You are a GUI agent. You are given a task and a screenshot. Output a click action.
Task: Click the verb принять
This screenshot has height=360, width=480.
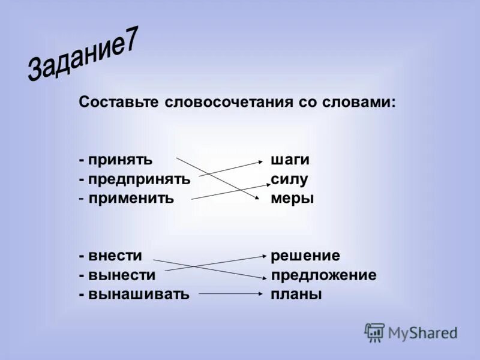pyautogui.click(x=120, y=160)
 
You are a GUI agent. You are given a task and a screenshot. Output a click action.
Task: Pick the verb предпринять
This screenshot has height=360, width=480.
pyautogui.click(x=139, y=179)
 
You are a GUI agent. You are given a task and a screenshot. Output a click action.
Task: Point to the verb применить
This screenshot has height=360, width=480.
pyautogui.click(x=131, y=197)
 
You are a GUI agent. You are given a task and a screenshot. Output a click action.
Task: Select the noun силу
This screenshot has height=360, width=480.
pyautogui.click(x=289, y=179)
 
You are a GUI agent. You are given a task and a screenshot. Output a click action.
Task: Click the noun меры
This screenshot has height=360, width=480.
pyautogui.click(x=292, y=197)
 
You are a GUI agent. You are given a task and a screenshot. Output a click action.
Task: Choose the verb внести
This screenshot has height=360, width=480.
pyautogui.click(x=116, y=256)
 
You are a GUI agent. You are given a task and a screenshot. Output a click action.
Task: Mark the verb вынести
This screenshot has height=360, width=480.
pyautogui.click(x=122, y=275)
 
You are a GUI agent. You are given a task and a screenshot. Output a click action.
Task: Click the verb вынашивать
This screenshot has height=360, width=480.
pyautogui.click(x=139, y=294)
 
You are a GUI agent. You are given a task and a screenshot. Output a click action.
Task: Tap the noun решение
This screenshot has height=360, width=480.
pyautogui.click(x=305, y=256)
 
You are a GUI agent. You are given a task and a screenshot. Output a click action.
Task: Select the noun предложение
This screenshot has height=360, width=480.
pyautogui.click(x=324, y=275)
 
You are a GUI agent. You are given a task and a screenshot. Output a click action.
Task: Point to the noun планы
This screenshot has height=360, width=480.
pyautogui.click(x=296, y=294)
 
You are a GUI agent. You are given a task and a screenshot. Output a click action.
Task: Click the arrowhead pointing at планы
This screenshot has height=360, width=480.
pyautogui.click(x=260, y=294)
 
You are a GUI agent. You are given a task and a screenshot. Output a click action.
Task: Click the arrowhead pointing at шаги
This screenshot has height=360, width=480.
pyautogui.click(x=260, y=161)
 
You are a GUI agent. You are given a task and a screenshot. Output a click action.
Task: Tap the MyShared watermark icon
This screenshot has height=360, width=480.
pyautogui.click(x=374, y=332)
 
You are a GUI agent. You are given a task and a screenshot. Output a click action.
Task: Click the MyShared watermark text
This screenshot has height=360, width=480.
pyautogui.click(x=422, y=333)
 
